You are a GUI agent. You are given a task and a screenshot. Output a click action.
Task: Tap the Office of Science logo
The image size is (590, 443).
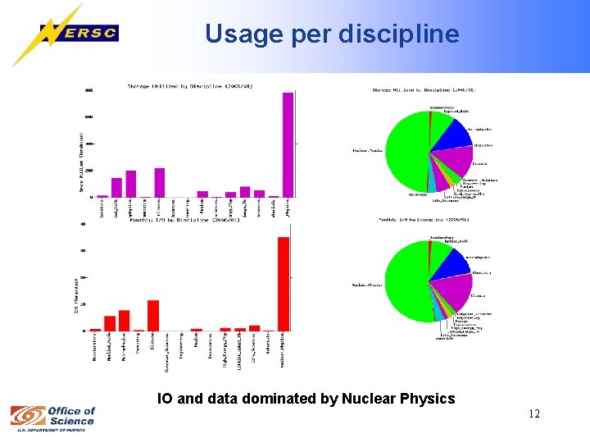point(53,417)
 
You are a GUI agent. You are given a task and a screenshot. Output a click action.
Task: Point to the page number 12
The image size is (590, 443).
point(534,413)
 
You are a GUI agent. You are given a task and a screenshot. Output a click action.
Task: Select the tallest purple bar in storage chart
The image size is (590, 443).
point(288,144)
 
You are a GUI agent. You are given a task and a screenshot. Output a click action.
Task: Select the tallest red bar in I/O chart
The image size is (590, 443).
point(283,284)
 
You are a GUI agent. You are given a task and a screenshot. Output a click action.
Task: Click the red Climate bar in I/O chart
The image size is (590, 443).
point(153,316)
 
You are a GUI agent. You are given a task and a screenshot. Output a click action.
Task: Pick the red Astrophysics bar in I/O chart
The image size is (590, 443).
point(124,321)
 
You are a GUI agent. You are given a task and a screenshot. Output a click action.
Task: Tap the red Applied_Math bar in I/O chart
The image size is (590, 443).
point(110,323)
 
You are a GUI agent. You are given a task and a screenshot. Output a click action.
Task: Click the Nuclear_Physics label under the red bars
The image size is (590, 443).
point(284,349)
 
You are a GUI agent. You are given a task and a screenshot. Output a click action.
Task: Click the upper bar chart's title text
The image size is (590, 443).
point(189,84)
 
